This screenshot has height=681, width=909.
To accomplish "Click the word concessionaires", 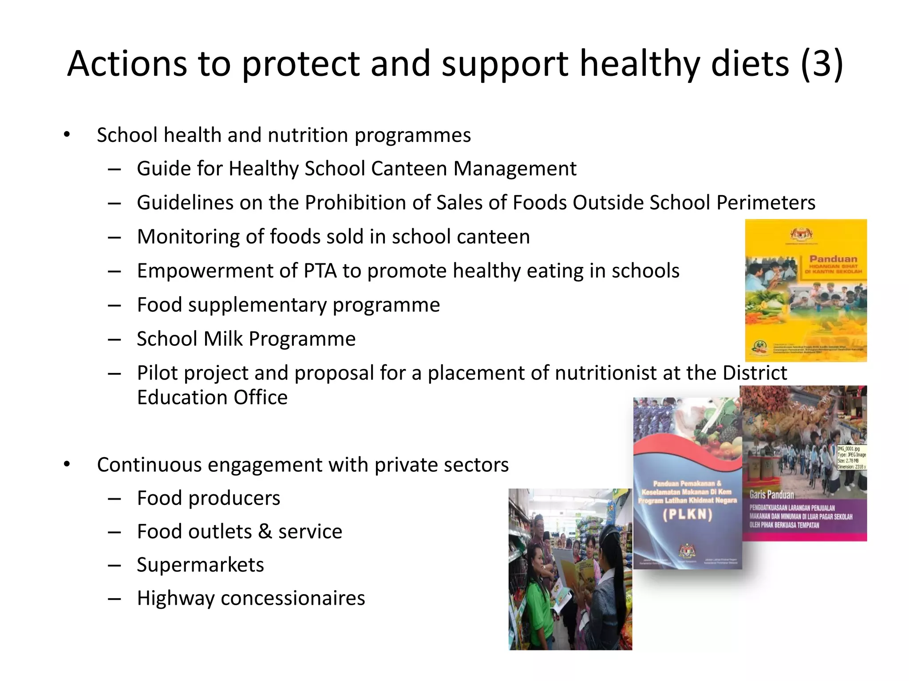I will click(x=292, y=599).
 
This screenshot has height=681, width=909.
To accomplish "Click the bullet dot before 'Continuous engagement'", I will click(x=67, y=465).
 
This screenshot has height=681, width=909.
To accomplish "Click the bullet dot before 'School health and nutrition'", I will click(x=67, y=135).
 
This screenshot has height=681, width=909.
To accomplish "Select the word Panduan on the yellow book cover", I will click(x=833, y=258).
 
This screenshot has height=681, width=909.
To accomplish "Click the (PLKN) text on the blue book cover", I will click(x=687, y=515).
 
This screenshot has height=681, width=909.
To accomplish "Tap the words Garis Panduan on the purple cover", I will click(x=771, y=495).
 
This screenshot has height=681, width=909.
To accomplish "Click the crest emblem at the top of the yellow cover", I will click(x=806, y=234).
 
